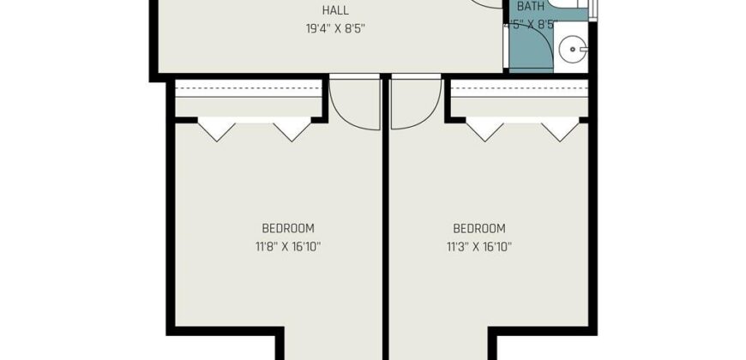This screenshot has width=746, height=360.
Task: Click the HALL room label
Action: click(x=335, y=10)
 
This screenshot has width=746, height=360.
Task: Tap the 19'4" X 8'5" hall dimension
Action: click(x=337, y=28)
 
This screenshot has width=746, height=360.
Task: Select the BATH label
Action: click(x=531, y=7)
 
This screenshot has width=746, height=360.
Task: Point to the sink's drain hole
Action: click(x=572, y=50)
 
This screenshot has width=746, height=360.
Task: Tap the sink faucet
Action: click(x=583, y=49)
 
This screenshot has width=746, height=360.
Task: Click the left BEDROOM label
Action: click(x=288, y=229)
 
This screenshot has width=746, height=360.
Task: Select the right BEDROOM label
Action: click(x=479, y=229)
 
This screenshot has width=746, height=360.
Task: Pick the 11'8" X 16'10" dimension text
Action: click(x=287, y=248)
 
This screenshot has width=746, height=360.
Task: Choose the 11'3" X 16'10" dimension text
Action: click(x=479, y=248)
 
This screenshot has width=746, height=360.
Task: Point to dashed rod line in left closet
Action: click(x=249, y=88)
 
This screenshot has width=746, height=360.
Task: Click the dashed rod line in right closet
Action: click(x=520, y=88)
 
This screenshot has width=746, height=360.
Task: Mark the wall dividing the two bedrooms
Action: click(x=386, y=217)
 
